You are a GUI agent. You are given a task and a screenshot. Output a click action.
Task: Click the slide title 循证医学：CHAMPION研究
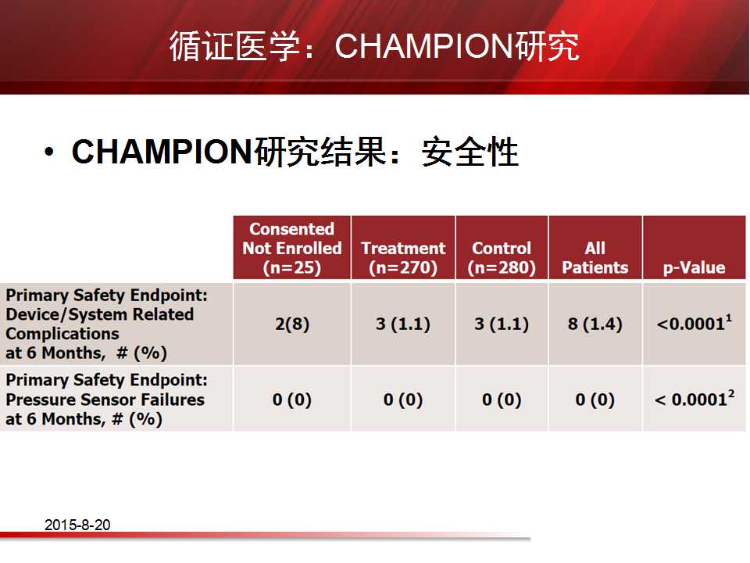(x=374, y=46)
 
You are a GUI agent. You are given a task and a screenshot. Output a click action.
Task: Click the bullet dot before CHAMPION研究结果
(x=48, y=152)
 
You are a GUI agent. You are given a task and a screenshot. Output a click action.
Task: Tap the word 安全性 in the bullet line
(x=470, y=152)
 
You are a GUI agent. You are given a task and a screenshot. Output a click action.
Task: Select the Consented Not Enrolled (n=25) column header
(x=291, y=248)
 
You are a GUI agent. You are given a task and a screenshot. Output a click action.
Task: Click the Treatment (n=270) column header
(x=403, y=257)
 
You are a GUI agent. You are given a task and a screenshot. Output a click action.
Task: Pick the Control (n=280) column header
(x=502, y=257)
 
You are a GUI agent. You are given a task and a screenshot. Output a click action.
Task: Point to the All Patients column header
(x=595, y=257)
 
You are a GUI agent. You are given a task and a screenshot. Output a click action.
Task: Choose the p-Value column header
(x=694, y=267)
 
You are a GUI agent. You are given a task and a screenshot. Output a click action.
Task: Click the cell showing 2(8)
(x=292, y=324)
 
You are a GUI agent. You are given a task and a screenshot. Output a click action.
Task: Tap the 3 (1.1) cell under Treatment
(x=403, y=324)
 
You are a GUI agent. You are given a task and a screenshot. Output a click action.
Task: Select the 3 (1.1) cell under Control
(x=502, y=324)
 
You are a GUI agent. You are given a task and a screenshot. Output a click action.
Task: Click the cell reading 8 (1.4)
(x=595, y=324)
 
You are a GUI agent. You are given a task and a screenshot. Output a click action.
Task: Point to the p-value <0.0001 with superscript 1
(x=694, y=323)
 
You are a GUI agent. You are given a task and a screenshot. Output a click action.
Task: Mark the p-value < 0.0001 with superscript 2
(x=695, y=399)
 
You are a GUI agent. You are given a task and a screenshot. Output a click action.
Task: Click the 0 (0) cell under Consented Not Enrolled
(x=291, y=400)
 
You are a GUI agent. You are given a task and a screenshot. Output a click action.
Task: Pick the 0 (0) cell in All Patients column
(x=595, y=400)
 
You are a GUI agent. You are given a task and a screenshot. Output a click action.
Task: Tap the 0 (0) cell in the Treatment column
(x=403, y=400)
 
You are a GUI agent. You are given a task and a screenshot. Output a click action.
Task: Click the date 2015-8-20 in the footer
(x=77, y=525)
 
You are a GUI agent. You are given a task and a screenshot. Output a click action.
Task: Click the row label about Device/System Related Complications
(x=107, y=324)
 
